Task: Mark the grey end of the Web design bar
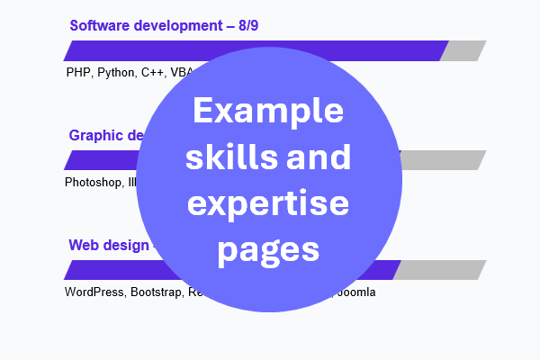439,270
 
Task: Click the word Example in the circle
268,112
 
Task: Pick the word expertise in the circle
268,203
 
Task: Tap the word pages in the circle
268,247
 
